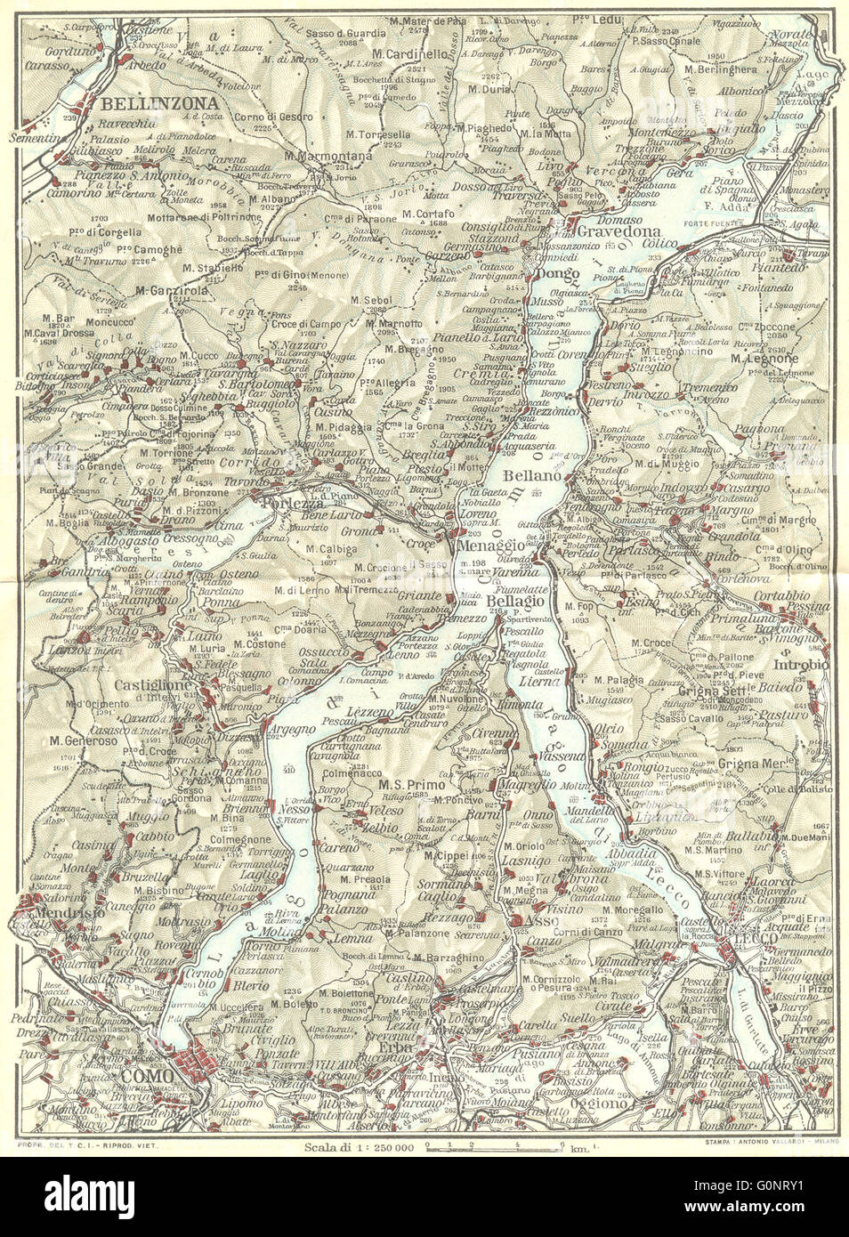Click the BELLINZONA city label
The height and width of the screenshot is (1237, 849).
pos(147,102)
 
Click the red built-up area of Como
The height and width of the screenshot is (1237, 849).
pos(199,1062)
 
